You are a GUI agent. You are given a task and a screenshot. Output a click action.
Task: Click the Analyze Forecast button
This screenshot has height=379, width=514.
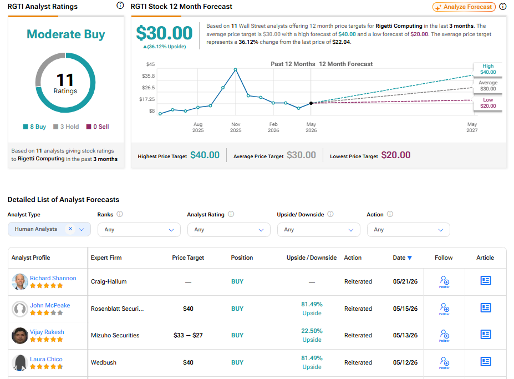tap(464, 7)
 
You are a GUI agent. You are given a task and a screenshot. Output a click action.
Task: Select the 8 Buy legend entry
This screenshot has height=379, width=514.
tap(34, 127)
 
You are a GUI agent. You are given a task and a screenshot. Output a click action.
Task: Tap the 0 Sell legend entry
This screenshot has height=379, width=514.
tap(98, 127)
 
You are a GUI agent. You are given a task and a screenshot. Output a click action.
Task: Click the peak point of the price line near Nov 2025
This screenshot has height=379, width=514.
tap(235, 69)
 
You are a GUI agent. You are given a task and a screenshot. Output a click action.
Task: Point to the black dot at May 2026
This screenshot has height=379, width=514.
tap(311, 103)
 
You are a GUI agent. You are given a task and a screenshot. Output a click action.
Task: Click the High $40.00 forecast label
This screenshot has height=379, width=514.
tap(488, 69)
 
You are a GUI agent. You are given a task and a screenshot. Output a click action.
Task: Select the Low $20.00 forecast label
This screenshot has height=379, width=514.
tap(488, 103)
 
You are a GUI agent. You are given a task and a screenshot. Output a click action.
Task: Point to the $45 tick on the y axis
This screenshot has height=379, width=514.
tap(150, 64)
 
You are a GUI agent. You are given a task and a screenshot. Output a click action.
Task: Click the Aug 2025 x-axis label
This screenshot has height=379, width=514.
tap(198, 127)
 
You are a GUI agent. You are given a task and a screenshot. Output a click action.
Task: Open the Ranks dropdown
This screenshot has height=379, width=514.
tap(139, 230)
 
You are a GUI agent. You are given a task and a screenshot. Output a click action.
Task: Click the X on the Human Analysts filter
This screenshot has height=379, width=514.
tap(70, 229)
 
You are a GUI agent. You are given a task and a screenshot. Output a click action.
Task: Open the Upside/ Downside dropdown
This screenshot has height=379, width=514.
tap(319, 230)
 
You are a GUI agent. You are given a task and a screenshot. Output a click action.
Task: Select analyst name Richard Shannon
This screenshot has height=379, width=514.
tap(53, 278)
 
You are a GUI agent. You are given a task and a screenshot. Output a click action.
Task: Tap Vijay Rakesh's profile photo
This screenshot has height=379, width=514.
tap(19, 335)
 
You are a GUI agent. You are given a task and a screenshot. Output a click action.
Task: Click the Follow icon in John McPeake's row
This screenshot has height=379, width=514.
tap(444, 309)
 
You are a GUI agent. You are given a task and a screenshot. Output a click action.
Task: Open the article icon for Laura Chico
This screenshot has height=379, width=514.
tap(486, 362)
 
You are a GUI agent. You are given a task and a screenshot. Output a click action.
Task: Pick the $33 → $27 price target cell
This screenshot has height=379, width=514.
tap(188, 335)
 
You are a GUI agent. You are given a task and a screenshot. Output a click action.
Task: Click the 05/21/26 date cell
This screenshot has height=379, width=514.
tap(405, 281)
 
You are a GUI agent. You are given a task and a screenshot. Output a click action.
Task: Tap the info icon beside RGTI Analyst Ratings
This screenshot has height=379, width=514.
tap(120, 5)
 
